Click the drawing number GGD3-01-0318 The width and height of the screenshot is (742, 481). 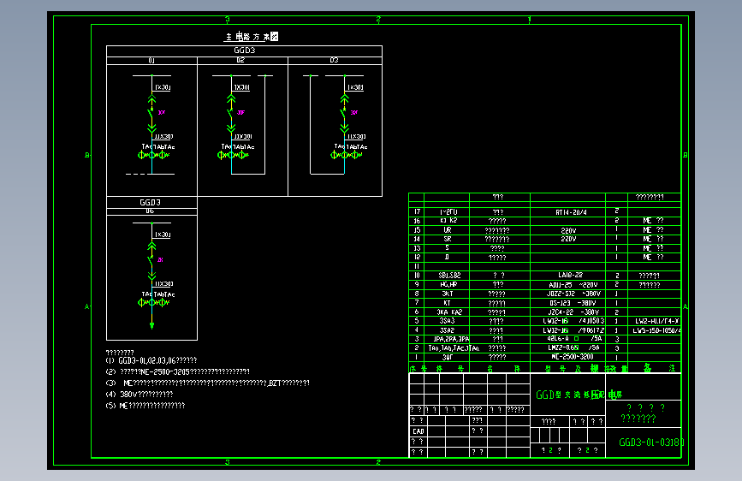(x=650, y=443)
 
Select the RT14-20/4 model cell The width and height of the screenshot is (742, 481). (x=572, y=211)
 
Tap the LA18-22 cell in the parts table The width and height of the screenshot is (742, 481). (x=572, y=275)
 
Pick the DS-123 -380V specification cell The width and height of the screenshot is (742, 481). (x=572, y=302)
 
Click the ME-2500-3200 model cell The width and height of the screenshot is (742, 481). (x=572, y=356)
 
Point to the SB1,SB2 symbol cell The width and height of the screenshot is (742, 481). (x=449, y=275)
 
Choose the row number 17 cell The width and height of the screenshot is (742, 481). (x=417, y=211)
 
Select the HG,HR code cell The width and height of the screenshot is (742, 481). (x=449, y=284)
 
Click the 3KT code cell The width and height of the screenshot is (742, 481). (x=449, y=293)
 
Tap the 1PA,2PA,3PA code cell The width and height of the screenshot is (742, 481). (x=449, y=338)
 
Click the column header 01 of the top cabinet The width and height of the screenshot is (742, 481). (x=151, y=61)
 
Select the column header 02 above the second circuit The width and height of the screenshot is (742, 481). (x=241, y=61)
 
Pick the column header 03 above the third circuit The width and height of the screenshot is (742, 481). (x=334, y=61)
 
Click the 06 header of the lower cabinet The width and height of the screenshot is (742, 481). (x=151, y=211)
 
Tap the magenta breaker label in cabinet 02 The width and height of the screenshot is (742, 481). (x=241, y=112)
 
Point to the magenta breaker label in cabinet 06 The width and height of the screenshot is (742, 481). (x=161, y=258)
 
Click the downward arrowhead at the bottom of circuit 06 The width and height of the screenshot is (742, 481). (x=151, y=325)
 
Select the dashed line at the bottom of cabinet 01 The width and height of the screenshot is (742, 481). (x=138, y=174)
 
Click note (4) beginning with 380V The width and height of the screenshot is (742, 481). (x=141, y=394)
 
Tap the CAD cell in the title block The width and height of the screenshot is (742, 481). (x=418, y=431)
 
